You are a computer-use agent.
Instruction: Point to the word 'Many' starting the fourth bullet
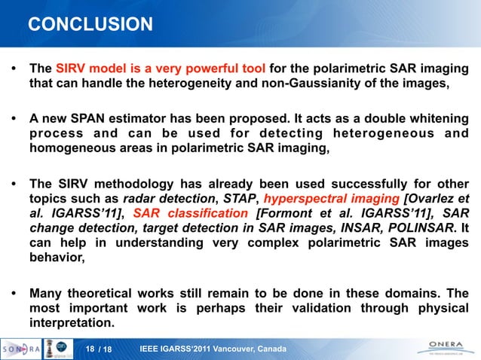[x=45, y=294]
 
